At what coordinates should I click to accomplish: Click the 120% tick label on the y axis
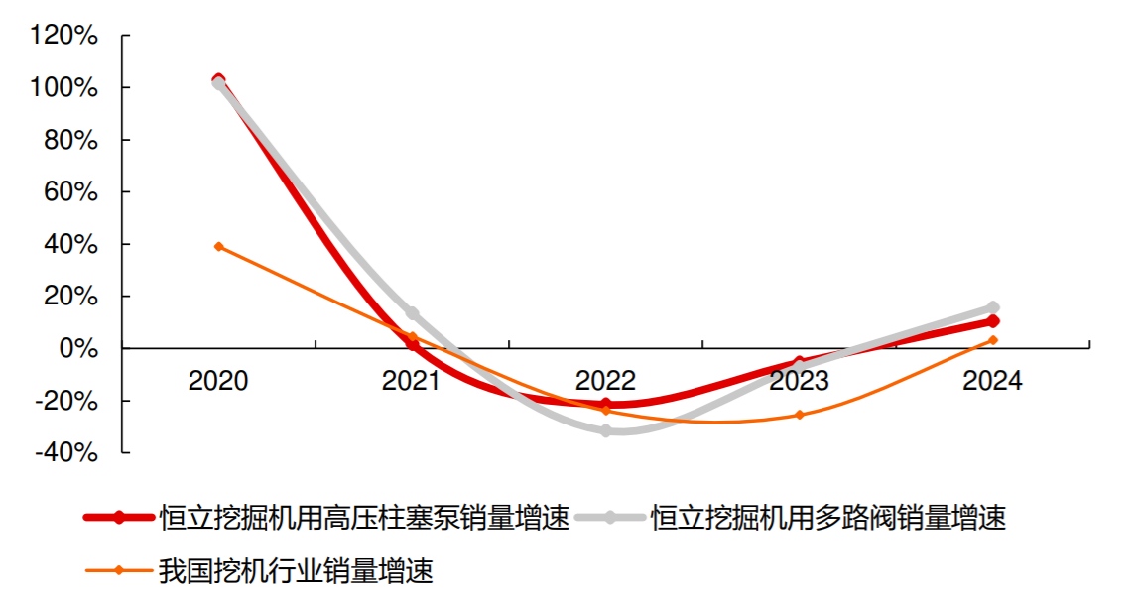coord(64,37)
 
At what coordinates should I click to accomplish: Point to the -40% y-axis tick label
coord(66,452)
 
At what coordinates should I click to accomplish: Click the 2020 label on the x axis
coord(218,381)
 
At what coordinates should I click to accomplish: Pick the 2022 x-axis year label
coord(605,381)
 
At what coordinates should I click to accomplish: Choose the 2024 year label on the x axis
coord(992,381)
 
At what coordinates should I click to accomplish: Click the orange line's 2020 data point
coord(219,246)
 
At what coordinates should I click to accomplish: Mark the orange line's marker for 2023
coord(800,415)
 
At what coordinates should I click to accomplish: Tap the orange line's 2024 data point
coord(993,340)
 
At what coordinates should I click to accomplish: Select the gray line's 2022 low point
coord(606,431)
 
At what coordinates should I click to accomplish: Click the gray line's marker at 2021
coord(413,313)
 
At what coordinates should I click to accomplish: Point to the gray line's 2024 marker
coord(993,307)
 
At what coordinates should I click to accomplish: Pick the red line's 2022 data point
coord(606,404)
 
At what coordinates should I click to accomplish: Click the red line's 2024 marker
coord(993,321)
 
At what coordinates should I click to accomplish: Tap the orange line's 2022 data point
coord(606,411)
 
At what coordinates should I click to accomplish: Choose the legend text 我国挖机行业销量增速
coord(296,570)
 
